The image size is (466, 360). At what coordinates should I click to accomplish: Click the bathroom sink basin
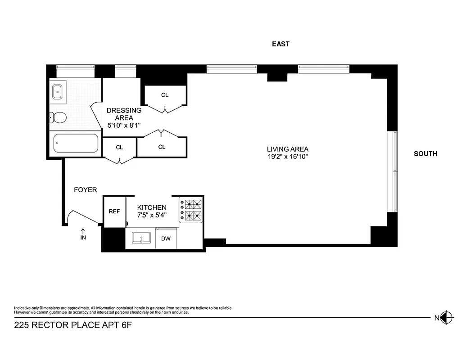pos(58,92)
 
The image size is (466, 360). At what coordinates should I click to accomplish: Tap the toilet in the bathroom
pos(59,118)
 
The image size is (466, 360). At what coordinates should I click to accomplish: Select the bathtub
pos(76,144)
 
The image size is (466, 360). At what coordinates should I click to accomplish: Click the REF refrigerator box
pos(114,211)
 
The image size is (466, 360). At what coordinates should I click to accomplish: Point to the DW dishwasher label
pos(166,238)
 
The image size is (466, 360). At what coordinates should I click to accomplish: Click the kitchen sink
pos(143,237)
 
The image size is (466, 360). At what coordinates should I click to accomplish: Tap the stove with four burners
pos(191,210)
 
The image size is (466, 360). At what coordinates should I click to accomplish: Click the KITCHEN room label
pos(152,207)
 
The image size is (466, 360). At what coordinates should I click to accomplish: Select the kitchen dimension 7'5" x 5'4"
pos(152,215)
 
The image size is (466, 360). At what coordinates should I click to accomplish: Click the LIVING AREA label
pos(287,149)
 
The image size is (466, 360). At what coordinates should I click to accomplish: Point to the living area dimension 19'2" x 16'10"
pos(287,157)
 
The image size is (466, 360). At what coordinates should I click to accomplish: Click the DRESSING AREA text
pos(124,114)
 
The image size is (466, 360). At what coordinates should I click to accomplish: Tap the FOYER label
pos(85,190)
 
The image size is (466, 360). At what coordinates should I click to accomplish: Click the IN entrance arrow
pos(83,234)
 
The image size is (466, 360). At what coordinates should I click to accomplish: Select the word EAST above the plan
pos(281,44)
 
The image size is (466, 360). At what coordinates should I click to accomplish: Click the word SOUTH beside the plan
pos(425,154)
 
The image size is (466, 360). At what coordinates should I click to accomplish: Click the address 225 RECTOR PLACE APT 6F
pos(74,325)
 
